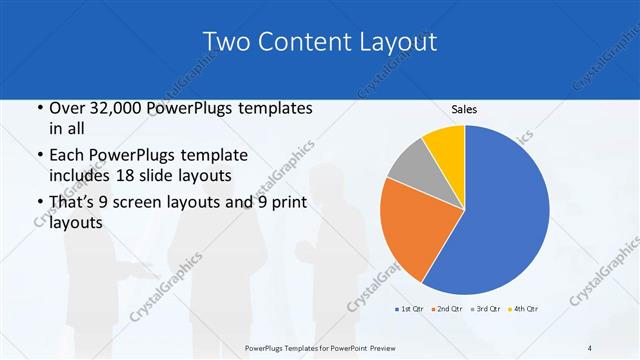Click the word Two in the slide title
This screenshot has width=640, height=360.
coord(227,42)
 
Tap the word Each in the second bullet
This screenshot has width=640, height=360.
coord(68,156)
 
